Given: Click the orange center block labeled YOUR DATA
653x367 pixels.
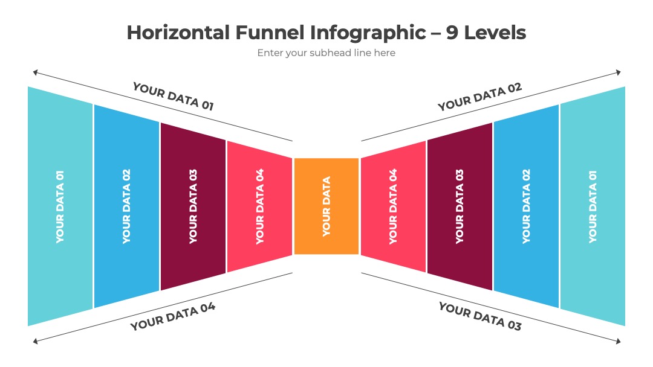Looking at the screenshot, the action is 326,206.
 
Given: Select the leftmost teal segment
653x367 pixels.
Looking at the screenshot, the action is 60,206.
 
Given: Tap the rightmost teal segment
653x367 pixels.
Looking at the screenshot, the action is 593,206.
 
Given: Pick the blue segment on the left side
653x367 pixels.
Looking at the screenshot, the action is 126,206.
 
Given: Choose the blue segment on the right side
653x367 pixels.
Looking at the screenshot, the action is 527,206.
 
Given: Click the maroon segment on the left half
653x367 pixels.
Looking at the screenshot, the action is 193,206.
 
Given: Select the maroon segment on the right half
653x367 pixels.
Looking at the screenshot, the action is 460,206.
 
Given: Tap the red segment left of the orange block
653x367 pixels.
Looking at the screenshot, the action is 260,206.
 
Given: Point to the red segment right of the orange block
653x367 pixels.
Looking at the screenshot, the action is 393,206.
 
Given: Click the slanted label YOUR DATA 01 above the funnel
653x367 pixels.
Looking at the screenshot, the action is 174,97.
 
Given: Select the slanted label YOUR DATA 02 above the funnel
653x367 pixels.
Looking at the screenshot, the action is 479,97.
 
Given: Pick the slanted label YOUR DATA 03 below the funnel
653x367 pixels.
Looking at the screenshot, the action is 479,316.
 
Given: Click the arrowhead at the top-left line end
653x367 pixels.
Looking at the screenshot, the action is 36,72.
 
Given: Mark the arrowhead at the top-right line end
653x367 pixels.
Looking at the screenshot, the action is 619,72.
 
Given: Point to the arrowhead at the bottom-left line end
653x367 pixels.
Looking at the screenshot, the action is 36,341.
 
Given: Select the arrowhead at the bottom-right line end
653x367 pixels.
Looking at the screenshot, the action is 619,341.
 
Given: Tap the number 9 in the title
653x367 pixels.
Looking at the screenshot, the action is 452,33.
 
